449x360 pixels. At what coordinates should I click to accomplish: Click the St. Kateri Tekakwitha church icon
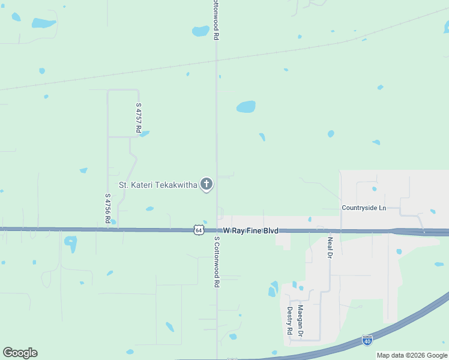click(x=206, y=184)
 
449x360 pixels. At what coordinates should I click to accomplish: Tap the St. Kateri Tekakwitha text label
click(x=158, y=185)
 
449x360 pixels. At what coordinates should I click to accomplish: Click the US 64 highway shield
click(x=199, y=230)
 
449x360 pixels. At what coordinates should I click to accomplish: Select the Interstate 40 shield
click(x=367, y=340)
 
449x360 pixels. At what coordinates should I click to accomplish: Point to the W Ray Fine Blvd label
click(x=251, y=230)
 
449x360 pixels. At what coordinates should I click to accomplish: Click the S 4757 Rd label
click(x=138, y=118)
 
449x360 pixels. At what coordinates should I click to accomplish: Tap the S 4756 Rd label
click(x=107, y=208)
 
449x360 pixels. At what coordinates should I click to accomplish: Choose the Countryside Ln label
click(x=364, y=208)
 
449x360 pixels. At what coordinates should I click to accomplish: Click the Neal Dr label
click(x=330, y=247)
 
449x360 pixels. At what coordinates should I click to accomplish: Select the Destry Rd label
click(x=289, y=320)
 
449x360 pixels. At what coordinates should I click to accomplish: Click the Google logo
click(x=20, y=353)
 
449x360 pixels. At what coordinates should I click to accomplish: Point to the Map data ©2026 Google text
click(x=412, y=355)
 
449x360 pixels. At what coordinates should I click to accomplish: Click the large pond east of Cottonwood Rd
click(x=246, y=107)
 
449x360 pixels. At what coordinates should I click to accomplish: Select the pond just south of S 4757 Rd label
click(x=144, y=134)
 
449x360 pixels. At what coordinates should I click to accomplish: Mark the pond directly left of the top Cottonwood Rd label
click(x=200, y=31)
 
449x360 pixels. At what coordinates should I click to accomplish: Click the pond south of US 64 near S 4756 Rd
click(x=71, y=243)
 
